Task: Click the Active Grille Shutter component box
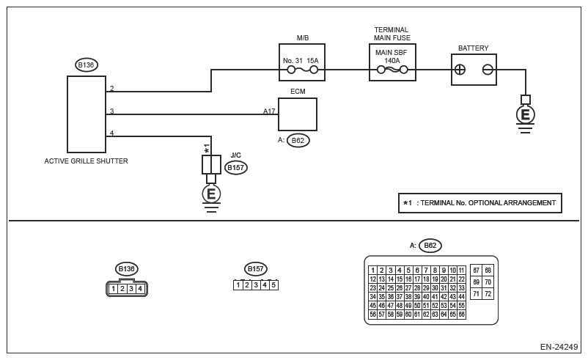tap(86, 114)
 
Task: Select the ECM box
tap(298, 114)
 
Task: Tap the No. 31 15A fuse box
tap(302, 62)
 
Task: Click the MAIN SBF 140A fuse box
tap(392, 62)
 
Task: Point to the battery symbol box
tap(474, 70)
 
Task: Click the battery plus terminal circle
tap(460, 70)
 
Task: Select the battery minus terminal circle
tap(487, 70)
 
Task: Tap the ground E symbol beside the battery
tap(525, 114)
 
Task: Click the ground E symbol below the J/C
tap(211, 194)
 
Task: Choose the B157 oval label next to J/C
tap(236, 168)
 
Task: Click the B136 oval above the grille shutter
tap(87, 65)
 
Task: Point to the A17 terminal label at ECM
tap(270, 111)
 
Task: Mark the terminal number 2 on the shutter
tap(111, 89)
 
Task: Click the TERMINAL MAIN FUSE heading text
tap(392, 34)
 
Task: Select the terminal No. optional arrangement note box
tap(479, 203)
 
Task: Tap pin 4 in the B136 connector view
tap(139, 289)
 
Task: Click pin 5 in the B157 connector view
tap(273, 285)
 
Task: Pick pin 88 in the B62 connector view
tap(488, 270)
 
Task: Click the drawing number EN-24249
tap(559, 347)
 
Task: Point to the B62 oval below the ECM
tap(298, 140)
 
